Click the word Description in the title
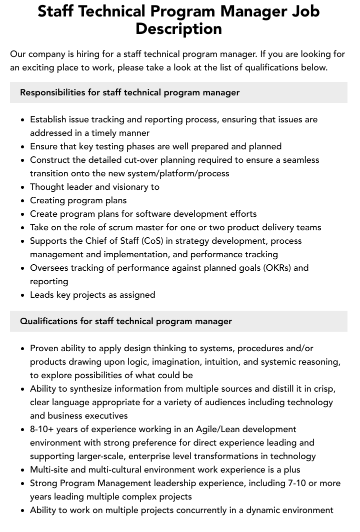click(x=178, y=28)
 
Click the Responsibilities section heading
click(x=129, y=92)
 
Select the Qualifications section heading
click(x=125, y=321)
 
